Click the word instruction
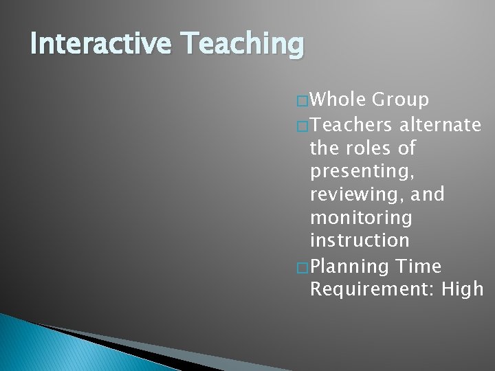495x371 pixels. pos(360,242)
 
